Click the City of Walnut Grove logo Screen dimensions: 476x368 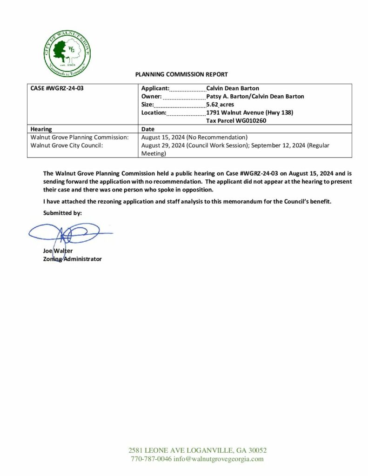point(67,53)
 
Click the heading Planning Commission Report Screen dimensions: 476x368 point(181,74)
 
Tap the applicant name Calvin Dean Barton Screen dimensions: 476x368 point(233,88)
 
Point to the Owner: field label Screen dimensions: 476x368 point(151,96)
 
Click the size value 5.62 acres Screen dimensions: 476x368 point(220,105)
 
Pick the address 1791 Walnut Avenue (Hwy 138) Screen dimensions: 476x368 point(249,112)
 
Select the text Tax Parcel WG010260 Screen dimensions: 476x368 point(236,121)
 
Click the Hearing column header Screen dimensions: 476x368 point(41,129)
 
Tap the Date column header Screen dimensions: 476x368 point(147,129)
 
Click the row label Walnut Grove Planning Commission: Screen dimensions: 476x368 point(79,137)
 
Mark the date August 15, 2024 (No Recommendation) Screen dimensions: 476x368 point(194,137)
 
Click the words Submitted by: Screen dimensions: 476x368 point(62,213)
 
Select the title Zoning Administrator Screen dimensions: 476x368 point(72,259)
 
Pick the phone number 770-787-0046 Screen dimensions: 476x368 point(151,459)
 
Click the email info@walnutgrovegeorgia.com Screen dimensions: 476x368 point(219,459)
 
